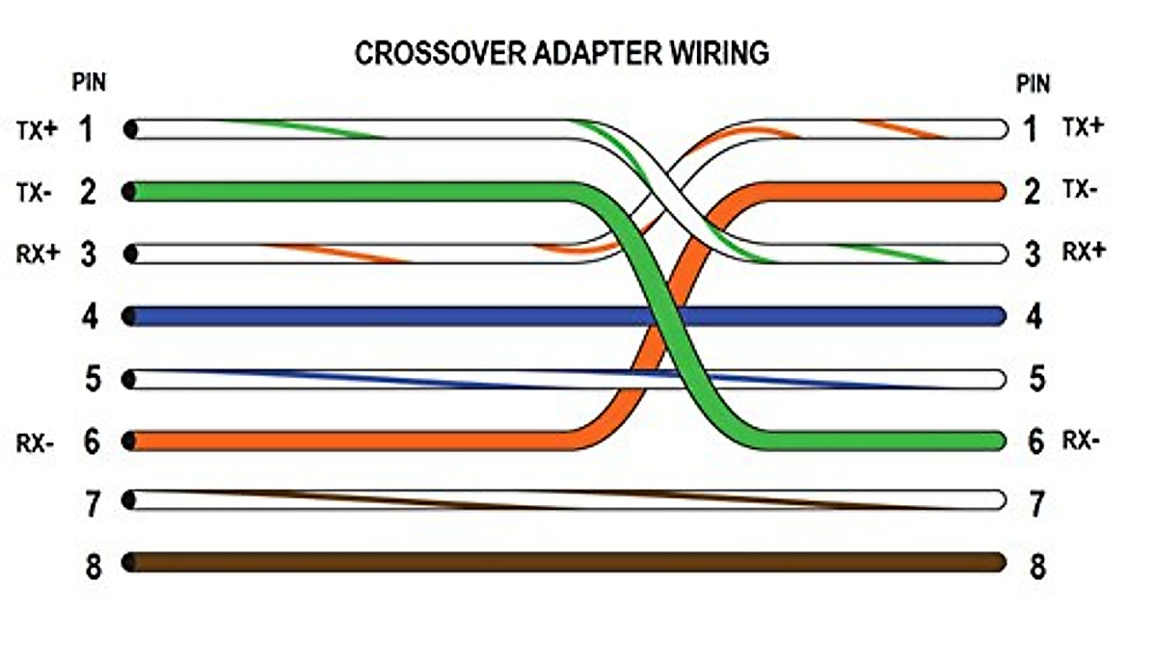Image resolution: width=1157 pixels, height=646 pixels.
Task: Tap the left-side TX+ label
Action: [36, 129]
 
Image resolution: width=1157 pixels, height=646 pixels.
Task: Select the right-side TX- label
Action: [1079, 190]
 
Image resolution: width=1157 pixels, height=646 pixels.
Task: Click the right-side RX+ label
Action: [1083, 252]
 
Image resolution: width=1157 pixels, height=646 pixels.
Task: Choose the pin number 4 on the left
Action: [91, 316]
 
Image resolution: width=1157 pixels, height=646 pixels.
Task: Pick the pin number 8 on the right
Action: [1036, 565]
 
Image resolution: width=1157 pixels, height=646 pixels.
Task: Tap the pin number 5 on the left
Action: [91, 379]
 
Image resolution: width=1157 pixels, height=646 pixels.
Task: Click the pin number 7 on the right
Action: [1036, 502]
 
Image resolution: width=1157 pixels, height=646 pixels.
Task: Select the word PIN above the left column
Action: [89, 84]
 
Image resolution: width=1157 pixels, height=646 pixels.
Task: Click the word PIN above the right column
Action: [1034, 84]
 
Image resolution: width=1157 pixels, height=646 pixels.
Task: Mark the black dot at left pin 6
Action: [129, 441]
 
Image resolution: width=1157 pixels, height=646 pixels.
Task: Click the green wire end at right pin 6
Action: [995, 441]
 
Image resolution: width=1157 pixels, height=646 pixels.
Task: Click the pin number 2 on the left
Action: [89, 192]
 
